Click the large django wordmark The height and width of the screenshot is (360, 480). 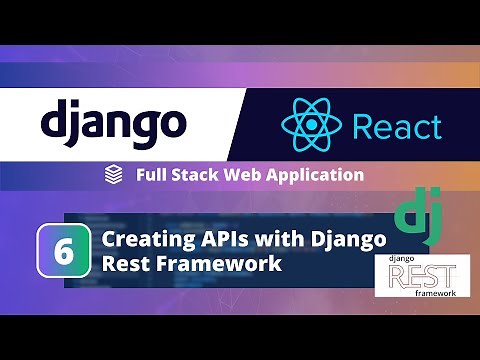pyautogui.click(x=113, y=124)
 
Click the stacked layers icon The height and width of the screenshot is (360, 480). pyautogui.click(x=113, y=175)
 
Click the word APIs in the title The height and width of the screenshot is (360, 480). pyautogui.click(x=219, y=240)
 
